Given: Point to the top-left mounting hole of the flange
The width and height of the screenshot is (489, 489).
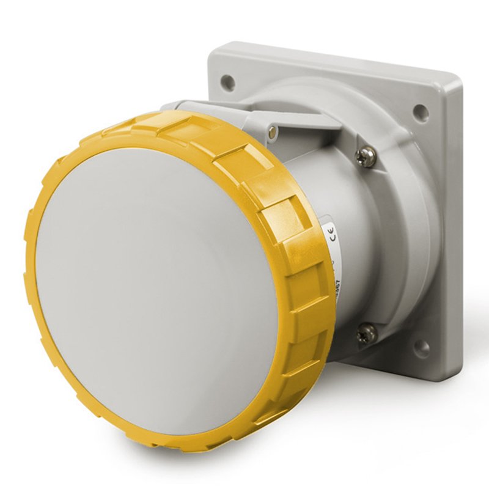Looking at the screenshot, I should [227, 80].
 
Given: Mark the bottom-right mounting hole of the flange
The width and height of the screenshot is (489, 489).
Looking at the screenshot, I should [421, 348].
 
